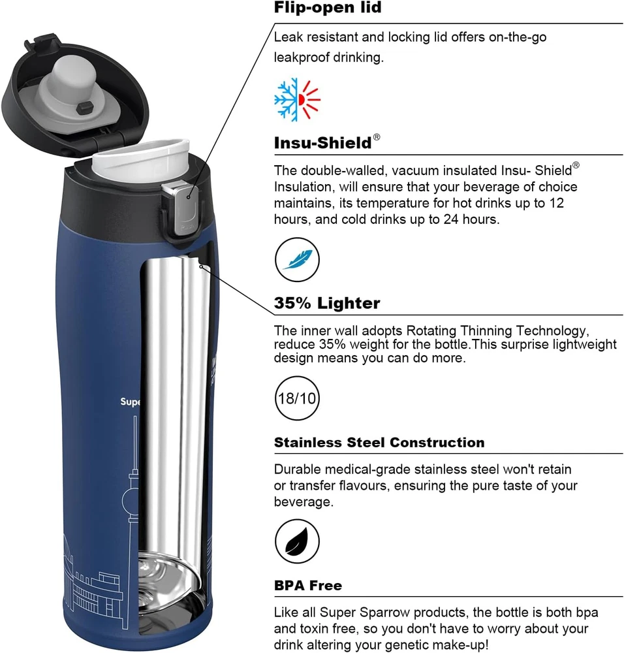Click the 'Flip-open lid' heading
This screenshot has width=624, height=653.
328,7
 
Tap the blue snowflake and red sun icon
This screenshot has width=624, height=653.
297,99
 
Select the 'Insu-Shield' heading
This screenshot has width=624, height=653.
322,143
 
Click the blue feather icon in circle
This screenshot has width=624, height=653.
297,259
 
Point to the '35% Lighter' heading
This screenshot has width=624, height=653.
327,303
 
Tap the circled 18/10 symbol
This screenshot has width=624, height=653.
297,398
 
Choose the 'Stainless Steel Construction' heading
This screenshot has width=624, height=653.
379,442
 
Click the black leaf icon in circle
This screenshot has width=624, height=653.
297,541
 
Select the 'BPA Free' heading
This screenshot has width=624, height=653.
308,586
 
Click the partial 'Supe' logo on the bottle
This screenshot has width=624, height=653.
131,402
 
